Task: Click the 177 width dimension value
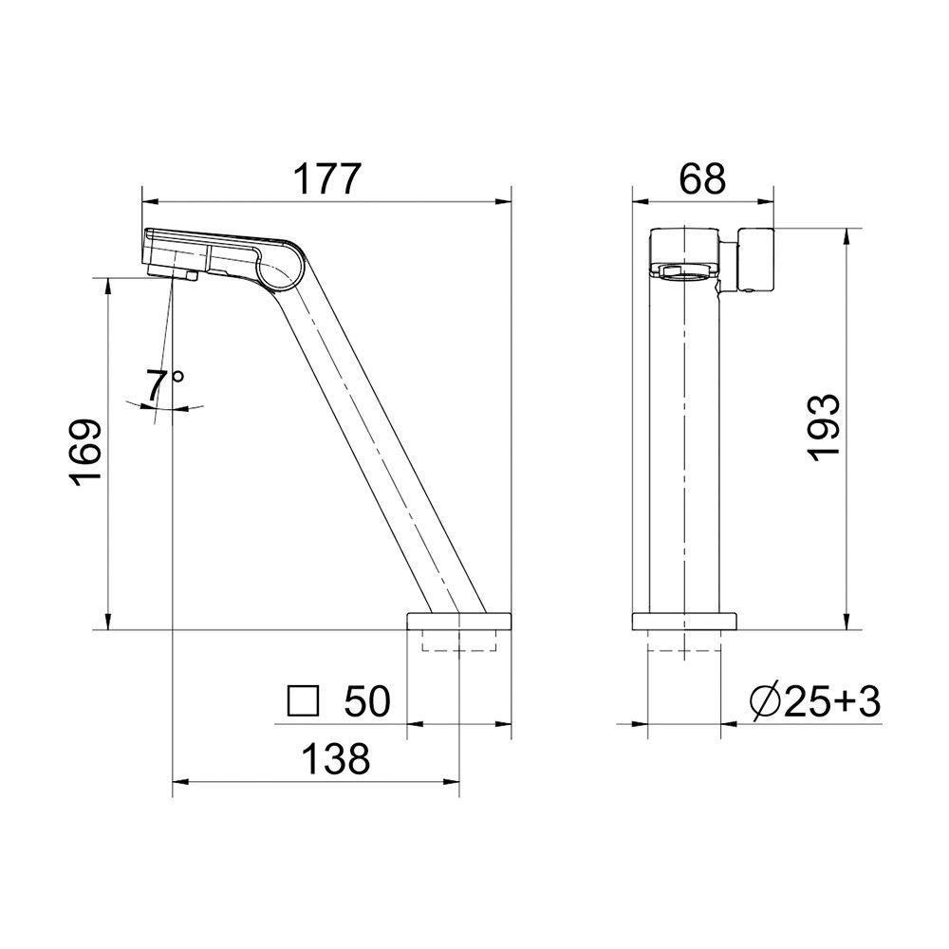(x=327, y=178)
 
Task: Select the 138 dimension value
(x=336, y=758)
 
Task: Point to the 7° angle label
(x=163, y=386)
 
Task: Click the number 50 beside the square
(x=367, y=701)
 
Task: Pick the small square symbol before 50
(x=303, y=701)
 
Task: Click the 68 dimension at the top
(x=702, y=178)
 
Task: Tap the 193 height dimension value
(x=825, y=428)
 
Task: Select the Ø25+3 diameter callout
(x=814, y=702)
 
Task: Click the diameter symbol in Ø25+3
(x=765, y=702)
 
